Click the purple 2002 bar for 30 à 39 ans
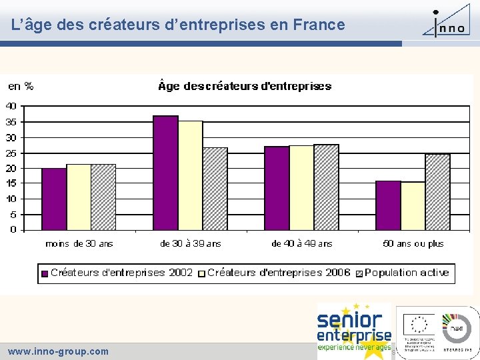166,173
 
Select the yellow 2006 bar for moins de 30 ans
79,197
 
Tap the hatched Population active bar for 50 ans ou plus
437,192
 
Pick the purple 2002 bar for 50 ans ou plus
388,205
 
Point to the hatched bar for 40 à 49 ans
326,187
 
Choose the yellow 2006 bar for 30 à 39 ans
191,175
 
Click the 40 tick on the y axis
11,106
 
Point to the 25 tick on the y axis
11,153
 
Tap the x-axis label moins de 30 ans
79,243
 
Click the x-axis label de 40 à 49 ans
301,243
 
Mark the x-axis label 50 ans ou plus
413,243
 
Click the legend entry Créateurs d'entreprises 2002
117,273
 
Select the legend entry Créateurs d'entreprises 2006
279,273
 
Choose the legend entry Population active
406,273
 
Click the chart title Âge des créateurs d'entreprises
245,86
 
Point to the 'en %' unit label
21,86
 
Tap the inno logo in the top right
448,22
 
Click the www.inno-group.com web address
58,351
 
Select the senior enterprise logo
354,331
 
